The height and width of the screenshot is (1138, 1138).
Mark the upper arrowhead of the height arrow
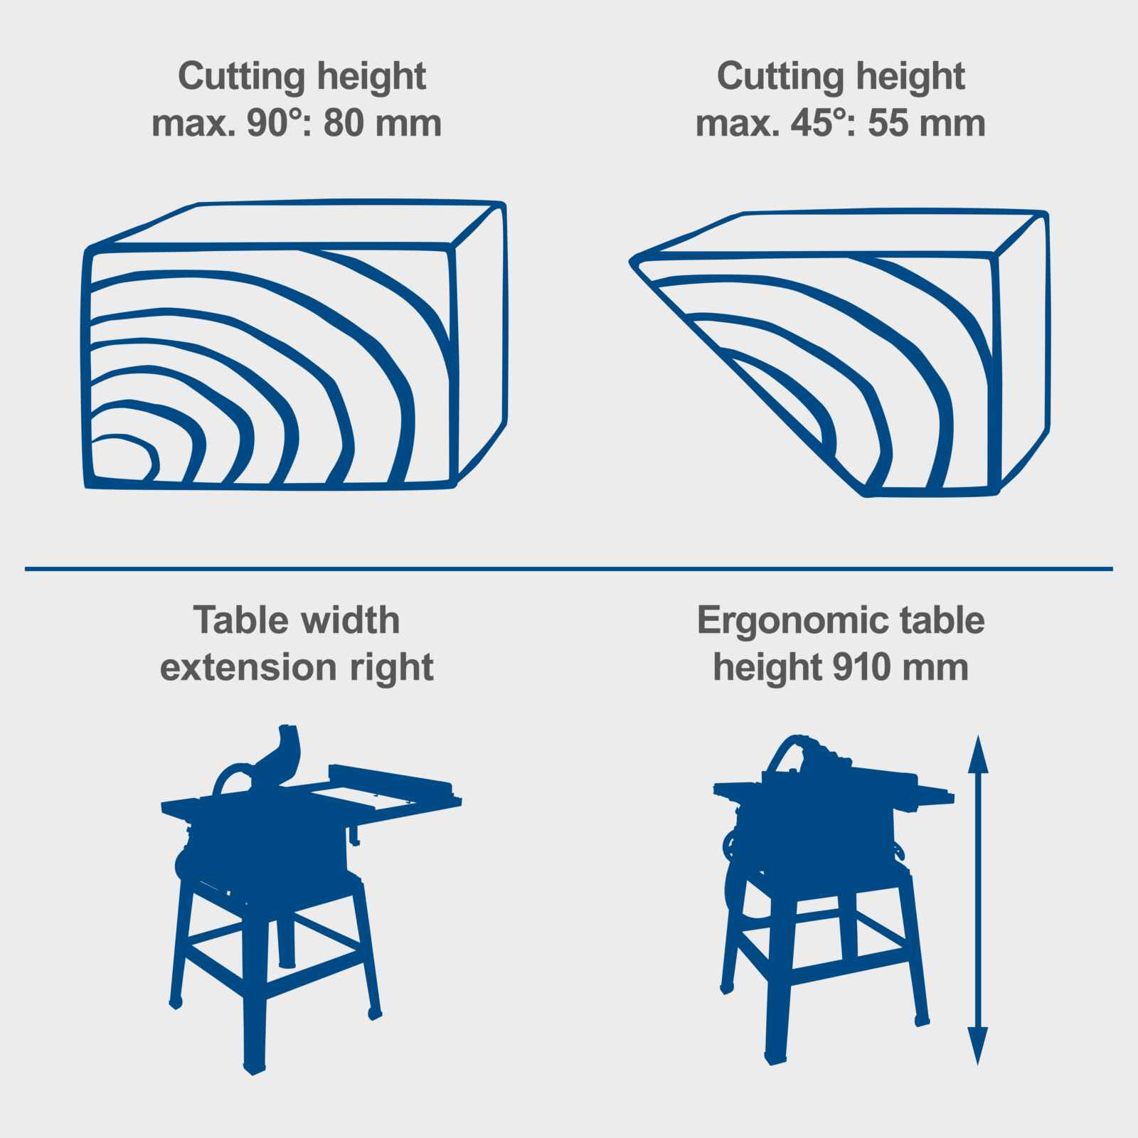(x=978, y=755)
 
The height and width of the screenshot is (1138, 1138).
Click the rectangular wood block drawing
(x=296, y=345)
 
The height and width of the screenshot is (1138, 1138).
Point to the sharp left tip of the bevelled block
(x=631, y=263)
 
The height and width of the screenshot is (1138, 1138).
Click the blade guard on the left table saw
(x=278, y=755)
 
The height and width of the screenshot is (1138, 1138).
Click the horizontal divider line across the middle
(x=569, y=568)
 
